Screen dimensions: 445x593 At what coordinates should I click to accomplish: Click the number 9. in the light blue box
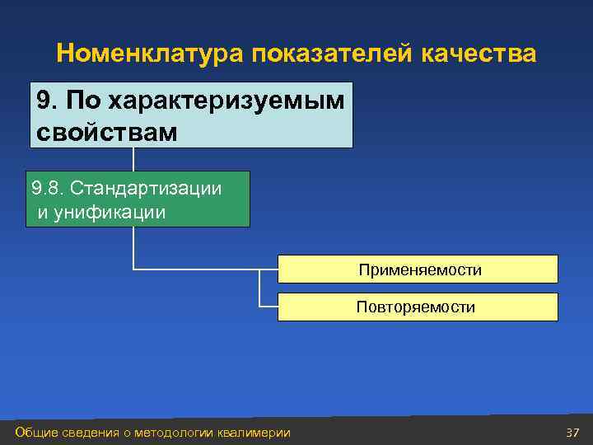tap(48, 101)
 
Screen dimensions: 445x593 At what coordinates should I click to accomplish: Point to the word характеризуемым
tap(226, 101)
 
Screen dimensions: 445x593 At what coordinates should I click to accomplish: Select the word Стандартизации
tap(147, 188)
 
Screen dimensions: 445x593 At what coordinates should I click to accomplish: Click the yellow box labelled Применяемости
tap(418, 269)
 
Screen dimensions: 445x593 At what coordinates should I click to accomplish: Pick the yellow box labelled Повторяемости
tap(418, 307)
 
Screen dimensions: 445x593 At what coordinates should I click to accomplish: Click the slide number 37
tap(572, 433)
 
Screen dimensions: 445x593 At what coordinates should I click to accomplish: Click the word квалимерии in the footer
tap(254, 433)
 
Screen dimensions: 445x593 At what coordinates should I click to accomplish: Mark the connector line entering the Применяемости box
tap(206, 269)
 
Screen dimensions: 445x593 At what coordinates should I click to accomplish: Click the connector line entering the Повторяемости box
tap(268, 306)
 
